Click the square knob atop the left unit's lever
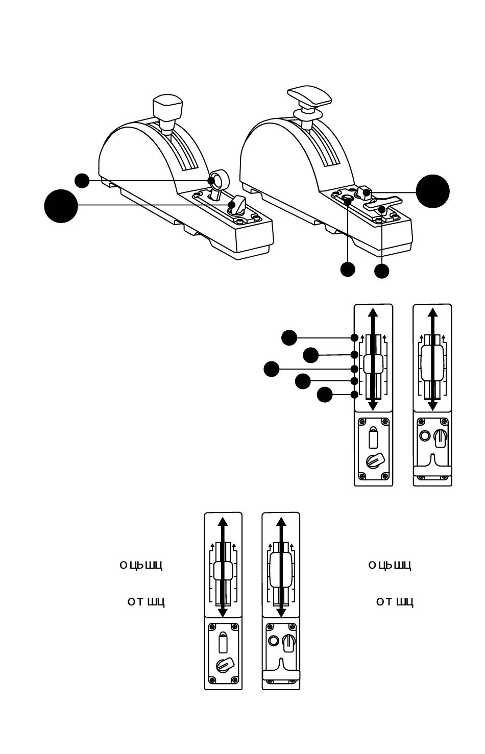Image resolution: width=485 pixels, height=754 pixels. click(x=167, y=106)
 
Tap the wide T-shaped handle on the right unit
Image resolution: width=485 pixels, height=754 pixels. click(x=309, y=95)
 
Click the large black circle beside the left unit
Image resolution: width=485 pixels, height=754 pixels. click(x=61, y=206)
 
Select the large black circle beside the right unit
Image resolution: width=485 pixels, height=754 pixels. click(x=432, y=191)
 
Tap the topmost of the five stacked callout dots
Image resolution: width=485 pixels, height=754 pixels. click(x=289, y=337)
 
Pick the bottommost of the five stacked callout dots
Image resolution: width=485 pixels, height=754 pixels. click(x=324, y=395)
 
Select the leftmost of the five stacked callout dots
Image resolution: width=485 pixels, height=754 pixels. click(x=272, y=369)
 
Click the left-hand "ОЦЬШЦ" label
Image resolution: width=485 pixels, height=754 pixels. click(x=141, y=565)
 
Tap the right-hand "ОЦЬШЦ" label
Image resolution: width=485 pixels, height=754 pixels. click(x=390, y=565)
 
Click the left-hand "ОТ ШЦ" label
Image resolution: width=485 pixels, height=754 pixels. click(x=146, y=602)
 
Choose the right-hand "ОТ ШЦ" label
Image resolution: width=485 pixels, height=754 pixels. click(x=395, y=602)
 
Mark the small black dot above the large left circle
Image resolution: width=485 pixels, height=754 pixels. click(x=82, y=180)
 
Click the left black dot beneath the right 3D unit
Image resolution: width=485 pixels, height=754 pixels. click(x=348, y=270)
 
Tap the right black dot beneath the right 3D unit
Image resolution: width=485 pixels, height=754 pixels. click(x=381, y=271)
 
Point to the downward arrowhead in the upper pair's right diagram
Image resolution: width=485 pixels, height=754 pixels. click(x=432, y=405)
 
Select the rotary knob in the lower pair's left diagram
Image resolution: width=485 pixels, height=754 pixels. click(x=224, y=666)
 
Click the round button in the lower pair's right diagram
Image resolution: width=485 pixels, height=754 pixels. click(x=273, y=641)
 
